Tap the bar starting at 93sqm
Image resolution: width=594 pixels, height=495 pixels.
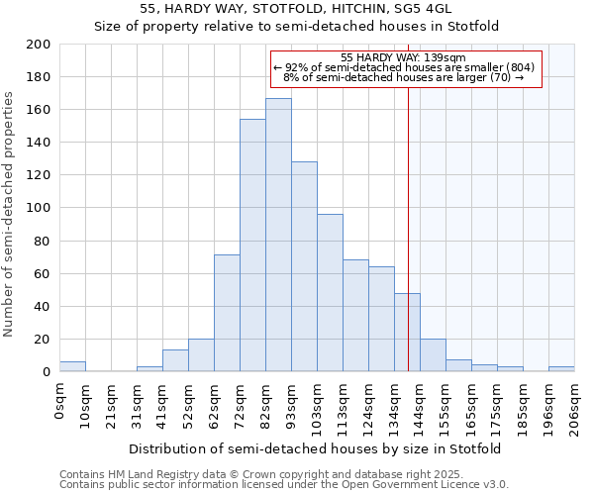click(x=304, y=266)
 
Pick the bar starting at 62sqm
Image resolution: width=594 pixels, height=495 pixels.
click(x=227, y=313)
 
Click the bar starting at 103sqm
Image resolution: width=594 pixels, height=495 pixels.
click(x=330, y=293)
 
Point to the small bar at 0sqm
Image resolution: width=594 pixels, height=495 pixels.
click(x=72, y=366)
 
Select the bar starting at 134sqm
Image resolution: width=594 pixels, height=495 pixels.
click(x=407, y=333)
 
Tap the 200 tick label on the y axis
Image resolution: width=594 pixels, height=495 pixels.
click(x=39, y=45)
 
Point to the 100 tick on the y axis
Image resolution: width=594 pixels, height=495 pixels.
click(x=39, y=208)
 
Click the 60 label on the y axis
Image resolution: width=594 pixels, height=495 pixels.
click(x=43, y=273)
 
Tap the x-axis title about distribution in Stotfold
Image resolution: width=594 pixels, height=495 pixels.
click(x=315, y=448)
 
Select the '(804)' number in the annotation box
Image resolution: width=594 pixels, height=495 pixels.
click(x=522, y=67)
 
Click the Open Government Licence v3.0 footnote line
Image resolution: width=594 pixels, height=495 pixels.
click(x=283, y=485)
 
